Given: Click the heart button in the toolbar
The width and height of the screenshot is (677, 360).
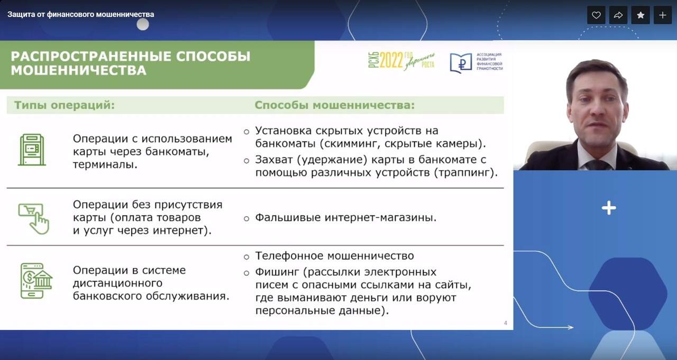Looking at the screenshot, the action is point(596,15).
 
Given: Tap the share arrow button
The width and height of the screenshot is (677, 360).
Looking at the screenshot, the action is point(618,15).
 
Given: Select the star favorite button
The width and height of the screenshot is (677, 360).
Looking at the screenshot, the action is point(641,15).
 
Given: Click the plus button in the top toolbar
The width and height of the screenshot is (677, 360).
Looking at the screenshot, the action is point(663,15).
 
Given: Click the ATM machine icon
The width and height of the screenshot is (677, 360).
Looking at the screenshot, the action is point(32,150).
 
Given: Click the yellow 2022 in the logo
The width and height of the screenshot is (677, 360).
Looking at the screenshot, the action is point(391,60).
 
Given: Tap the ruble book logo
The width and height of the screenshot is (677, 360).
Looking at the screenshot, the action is point(461,63).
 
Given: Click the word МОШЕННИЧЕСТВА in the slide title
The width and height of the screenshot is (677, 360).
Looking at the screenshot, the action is point(79,70).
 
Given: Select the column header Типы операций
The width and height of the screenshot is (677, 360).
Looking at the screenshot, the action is point(65,105).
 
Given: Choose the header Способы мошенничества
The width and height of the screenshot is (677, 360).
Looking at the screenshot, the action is point(335,105).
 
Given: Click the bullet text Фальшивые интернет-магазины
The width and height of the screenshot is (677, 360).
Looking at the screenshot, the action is point(346,217).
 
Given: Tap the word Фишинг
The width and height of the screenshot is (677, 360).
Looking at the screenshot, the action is point(277,272).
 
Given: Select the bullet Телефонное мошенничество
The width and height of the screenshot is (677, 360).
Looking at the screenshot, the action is point(335,256).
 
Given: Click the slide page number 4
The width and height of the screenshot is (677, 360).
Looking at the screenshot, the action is point(505,323).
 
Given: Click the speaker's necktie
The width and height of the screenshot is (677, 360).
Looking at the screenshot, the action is point(598,165).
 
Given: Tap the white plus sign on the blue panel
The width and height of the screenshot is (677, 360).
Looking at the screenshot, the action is point(609,208).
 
